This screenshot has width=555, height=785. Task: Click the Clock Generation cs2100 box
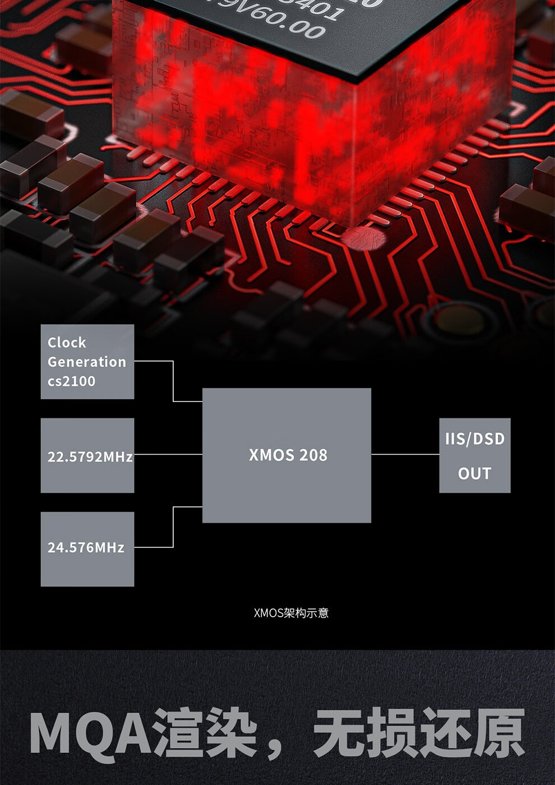(x=87, y=362)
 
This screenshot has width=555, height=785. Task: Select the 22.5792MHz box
(x=87, y=455)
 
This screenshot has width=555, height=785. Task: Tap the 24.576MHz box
(x=87, y=549)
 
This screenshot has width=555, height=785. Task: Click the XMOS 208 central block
(x=286, y=455)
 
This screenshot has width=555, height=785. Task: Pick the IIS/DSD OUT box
(x=474, y=455)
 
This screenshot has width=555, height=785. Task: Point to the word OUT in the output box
(x=474, y=474)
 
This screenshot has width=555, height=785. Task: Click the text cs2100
(x=71, y=381)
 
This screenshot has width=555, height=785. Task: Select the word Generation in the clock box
(x=87, y=362)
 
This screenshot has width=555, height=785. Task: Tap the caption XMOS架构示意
(x=291, y=613)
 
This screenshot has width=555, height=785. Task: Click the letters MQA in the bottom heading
(x=90, y=733)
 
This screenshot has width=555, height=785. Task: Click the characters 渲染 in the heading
(x=205, y=733)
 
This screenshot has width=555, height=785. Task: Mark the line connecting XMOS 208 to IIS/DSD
(x=405, y=454)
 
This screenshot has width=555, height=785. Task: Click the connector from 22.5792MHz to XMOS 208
(x=168, y=454)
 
